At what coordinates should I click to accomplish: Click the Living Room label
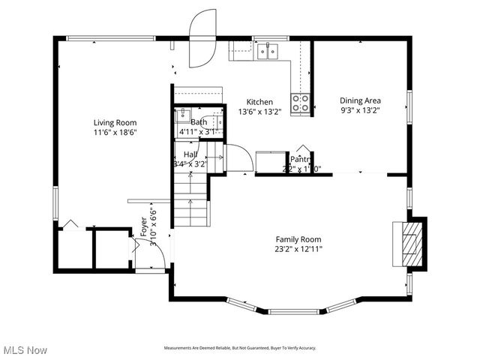115,122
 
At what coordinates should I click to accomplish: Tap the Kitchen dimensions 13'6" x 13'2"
259,112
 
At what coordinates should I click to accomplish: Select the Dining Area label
360,100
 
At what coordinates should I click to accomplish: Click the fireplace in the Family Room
409,243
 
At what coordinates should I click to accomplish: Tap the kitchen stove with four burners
301,103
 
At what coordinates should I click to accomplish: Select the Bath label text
199,122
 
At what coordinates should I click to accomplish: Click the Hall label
190,154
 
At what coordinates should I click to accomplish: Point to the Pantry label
301,159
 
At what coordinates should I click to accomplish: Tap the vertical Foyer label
144,227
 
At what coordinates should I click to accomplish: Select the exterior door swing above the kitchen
202,39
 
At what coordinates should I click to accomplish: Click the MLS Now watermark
25,350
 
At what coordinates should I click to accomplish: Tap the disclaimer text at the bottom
240,348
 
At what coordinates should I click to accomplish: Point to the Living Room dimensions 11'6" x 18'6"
115,132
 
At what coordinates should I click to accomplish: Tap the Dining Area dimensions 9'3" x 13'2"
360,110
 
